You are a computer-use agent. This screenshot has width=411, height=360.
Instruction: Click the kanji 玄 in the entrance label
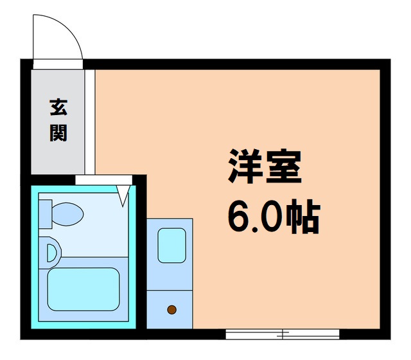point(58,107)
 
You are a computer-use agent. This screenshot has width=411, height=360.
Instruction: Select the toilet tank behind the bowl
point(45,213)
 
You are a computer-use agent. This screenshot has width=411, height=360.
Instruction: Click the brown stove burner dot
point(171,310)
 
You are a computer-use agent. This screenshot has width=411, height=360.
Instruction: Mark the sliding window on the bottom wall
point(282,334)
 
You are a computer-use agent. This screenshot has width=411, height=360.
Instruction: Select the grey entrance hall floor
point(58,154)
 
